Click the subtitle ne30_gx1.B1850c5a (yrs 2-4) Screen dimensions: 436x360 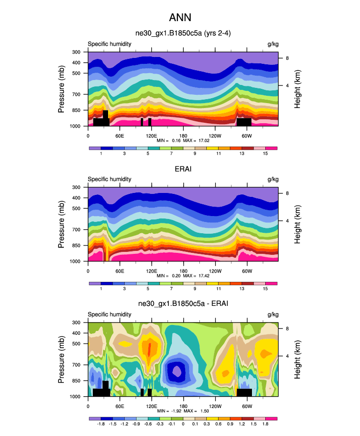coord(183,33)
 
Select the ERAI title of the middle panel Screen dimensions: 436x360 coord(183,169)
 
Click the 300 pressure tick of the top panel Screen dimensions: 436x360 coord(77,52)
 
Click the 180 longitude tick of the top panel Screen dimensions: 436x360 coord(183,135)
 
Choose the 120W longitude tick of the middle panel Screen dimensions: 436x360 coord(215,271)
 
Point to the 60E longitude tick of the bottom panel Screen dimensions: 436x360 coord(119,406)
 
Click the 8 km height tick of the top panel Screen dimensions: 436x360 coord(286,58)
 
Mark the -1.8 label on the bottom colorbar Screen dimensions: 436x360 coord(101,425)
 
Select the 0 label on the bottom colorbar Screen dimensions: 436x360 coord(183,425)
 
